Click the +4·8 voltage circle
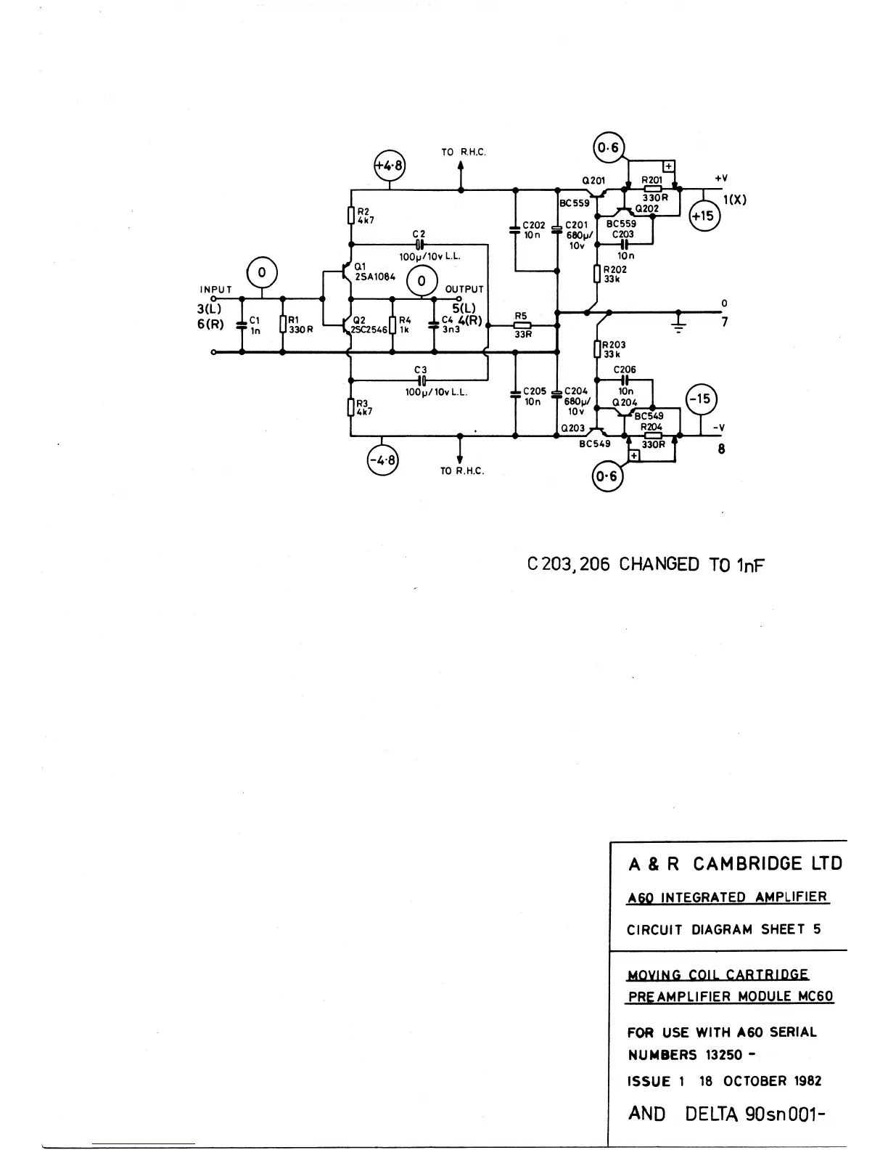pos(389,166)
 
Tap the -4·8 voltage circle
pos(382,460)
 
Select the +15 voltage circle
pos(703,216)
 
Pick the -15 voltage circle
pos(701,399)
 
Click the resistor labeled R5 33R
pos(522,326)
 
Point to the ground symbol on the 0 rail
pos(678,323)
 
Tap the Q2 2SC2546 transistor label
pos(370,325)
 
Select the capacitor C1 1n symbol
pos(242,325)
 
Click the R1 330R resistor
pos(282,325)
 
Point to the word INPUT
pos(215,290)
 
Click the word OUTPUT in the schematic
pos(464,289)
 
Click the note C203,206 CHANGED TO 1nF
pos(646,565)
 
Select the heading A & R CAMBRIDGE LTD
pos(735,864)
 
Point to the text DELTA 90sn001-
pos(755,1114)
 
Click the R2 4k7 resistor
pos(350,216)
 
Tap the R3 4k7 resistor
pos(350,406)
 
